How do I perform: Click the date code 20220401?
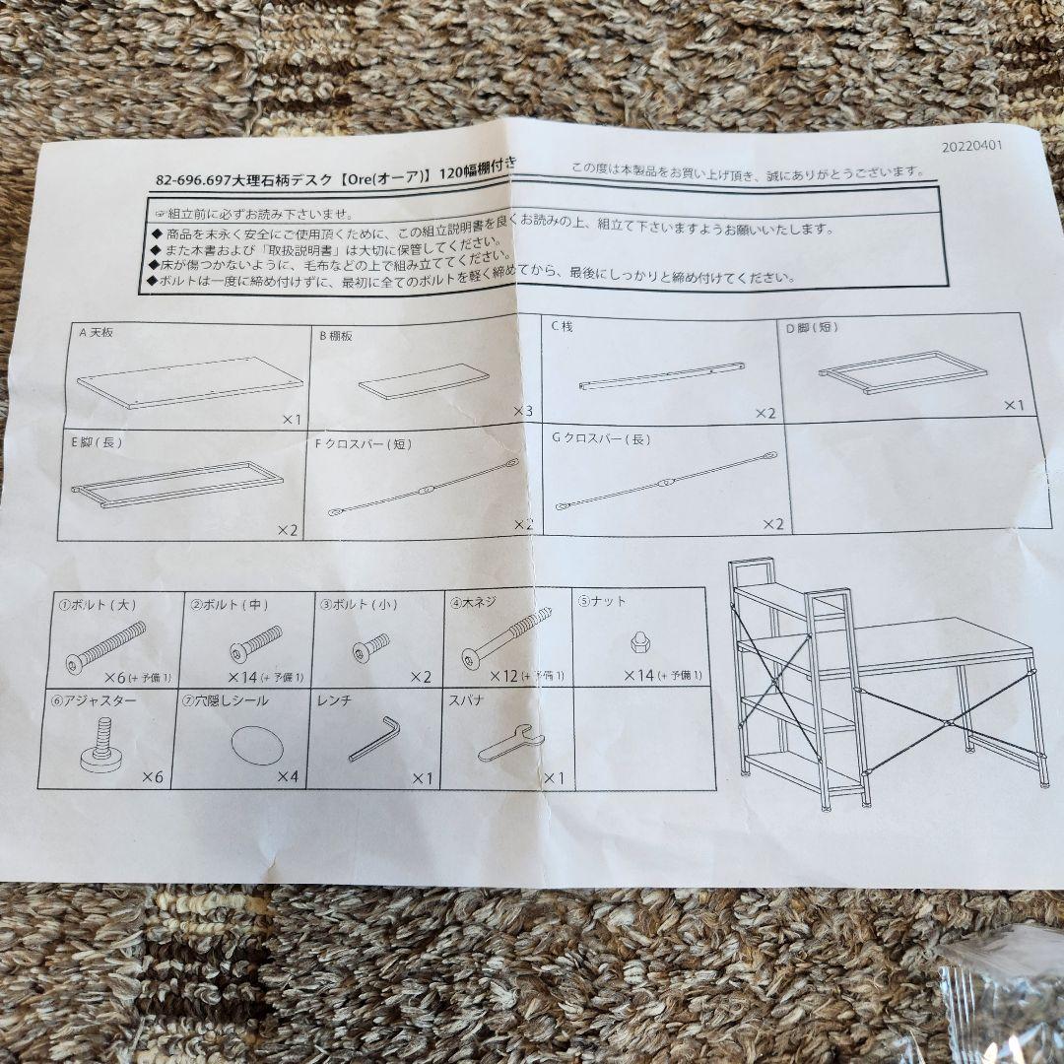(x=971, y=146)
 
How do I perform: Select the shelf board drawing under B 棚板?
(x=424, y=381)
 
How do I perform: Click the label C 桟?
(x=562, y=326)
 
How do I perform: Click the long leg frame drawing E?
(x=177, y=484)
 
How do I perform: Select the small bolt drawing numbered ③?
(x=371, y=647)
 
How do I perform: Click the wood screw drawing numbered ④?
(x=504, y=638)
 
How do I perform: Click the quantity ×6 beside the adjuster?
(x=152, y=777)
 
